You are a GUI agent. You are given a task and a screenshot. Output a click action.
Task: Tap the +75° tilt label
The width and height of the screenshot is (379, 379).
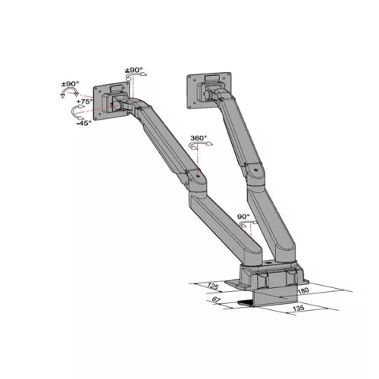[84, 101]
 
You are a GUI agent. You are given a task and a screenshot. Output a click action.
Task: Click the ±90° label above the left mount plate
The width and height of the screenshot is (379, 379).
[133, 70]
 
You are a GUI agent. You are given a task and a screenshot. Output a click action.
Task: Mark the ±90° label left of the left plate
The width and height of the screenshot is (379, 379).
[70, 83]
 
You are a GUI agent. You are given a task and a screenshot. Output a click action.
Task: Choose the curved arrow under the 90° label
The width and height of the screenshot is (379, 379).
[244, 226]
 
